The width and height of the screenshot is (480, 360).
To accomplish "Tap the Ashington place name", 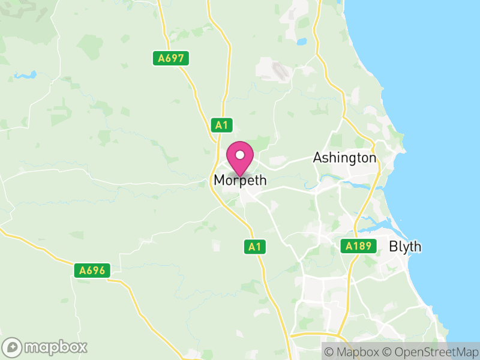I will coord(344,158).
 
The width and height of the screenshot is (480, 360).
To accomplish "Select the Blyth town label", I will coord(405,247).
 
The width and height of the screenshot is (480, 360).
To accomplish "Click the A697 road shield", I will coord(170,58).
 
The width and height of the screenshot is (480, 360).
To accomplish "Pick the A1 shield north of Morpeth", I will coord(222,125).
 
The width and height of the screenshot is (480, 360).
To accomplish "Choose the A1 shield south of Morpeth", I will coord(254,246).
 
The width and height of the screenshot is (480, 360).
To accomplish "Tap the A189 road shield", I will coord(359,246).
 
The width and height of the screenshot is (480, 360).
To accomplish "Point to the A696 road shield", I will coord(93,271).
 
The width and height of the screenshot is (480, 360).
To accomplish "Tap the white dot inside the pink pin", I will coord(240,155).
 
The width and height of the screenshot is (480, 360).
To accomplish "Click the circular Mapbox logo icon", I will coord(13,347).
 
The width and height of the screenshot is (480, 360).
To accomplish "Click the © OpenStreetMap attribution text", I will coord(433,351).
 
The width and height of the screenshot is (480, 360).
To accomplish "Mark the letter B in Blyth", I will coord(394,247).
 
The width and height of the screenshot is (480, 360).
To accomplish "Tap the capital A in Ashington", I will coord(318,158).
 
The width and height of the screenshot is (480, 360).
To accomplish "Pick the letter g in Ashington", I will coord(350,159).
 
